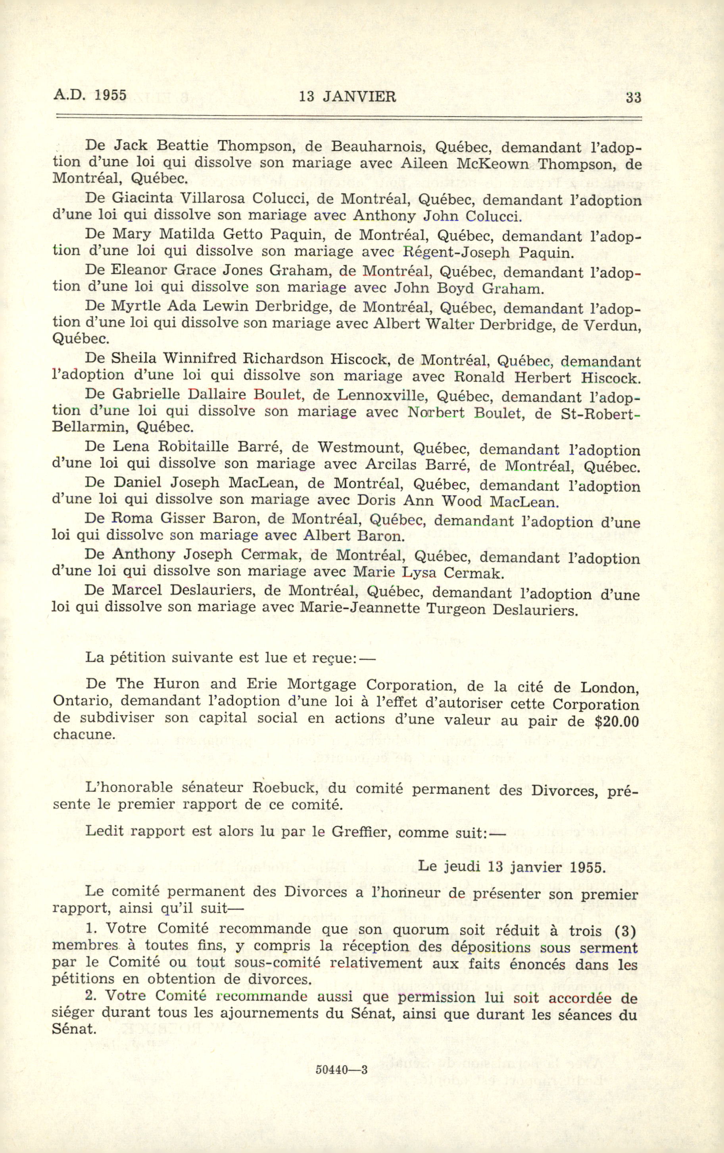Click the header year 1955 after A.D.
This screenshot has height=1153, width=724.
pyautogui.click(x=110, y=95)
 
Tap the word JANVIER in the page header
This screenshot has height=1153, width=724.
pyautogui.click(x=359, y=97)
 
